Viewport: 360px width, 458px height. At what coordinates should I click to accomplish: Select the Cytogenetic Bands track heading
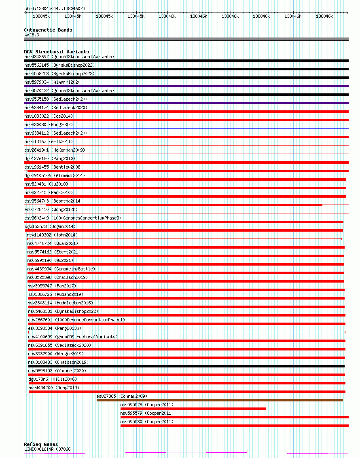click(48, 30)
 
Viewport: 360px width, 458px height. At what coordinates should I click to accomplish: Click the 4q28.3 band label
click(32, 35)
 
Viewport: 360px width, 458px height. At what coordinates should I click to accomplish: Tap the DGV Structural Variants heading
click(56, 52)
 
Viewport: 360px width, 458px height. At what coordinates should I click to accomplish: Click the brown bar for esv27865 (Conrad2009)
click(219, 400)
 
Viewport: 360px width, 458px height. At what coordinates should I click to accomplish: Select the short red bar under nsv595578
click(193, 409)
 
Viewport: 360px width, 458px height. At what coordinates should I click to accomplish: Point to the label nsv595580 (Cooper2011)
click(147, 422)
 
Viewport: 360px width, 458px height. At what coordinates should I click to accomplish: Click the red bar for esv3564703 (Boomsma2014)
click(184, 205)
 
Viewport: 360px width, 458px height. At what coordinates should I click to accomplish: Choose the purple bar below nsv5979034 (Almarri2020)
click(186, 86)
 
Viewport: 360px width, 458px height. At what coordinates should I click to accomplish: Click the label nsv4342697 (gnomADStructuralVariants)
click(69, 57)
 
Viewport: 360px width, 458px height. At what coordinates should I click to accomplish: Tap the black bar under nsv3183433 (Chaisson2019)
click(186, 366)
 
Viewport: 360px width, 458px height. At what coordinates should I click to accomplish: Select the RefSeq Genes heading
click(41, 444)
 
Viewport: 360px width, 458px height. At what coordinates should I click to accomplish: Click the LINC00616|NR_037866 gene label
click(47, 449)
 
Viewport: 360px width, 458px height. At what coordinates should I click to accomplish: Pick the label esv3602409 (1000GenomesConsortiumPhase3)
click(72, 218)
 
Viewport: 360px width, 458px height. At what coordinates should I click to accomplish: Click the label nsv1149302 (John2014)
click(52, 235)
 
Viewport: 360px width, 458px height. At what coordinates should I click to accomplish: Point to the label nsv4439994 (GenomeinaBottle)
click(61, 269)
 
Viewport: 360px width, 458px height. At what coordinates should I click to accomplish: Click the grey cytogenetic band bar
click(186, 39)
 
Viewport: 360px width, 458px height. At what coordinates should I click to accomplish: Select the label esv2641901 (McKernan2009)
click(55, 150)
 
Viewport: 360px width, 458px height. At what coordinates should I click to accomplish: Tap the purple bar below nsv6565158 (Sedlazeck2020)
click(186, 103)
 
